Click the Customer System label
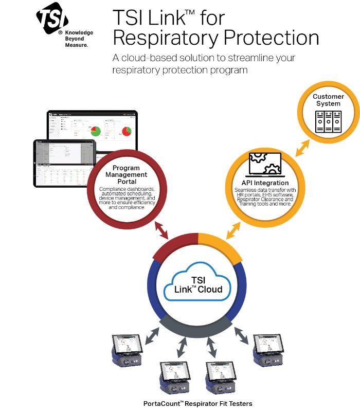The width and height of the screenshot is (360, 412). click(328, 100)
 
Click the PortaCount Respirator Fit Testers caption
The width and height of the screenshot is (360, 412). click(197, 404)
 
